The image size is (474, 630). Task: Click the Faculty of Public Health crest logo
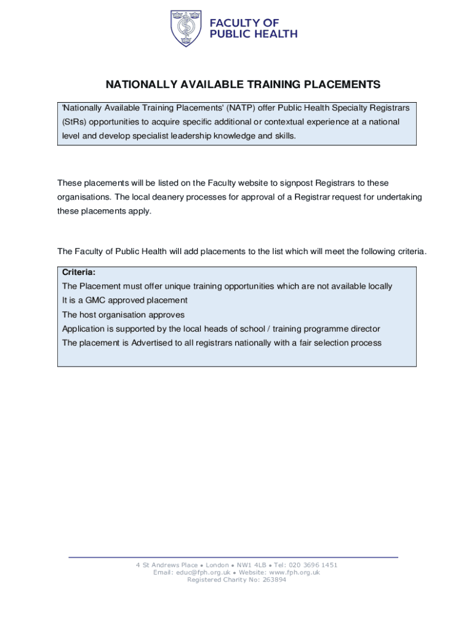point(185,28)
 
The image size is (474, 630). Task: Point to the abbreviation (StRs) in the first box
point(73,122)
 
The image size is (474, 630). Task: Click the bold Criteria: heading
point(79,272)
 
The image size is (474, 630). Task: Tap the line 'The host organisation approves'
point(123,314)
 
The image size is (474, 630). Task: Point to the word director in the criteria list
point(364,329)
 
